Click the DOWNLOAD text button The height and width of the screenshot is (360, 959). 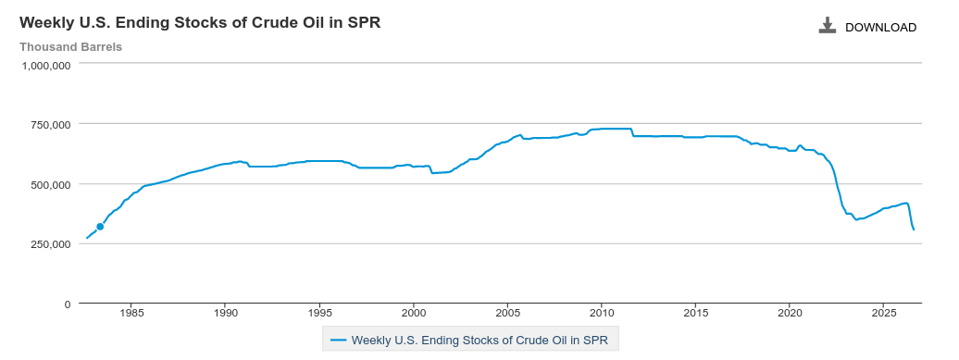(880, 28)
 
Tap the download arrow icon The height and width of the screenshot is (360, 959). (828, 25)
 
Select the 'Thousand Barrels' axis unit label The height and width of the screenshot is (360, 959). (71, 47)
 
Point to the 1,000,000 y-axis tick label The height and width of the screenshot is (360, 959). (46, 65)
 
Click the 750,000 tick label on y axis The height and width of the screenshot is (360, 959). (51, 125)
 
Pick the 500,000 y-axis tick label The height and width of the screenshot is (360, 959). (51, 184)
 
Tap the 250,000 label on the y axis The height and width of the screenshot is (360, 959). (51, 244)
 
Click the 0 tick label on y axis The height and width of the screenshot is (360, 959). (68, 304)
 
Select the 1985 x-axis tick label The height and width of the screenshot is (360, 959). (131, 314)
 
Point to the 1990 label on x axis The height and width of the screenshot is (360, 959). (226, 314)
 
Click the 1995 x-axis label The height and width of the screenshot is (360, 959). (319, 314)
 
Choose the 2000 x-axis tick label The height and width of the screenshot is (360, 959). (414, 314)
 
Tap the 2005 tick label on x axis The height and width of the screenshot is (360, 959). (507, 314)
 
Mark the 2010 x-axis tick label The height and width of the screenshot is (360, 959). (601, 314)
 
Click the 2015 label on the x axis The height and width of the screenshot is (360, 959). (695, 314)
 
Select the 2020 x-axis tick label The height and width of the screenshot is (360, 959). (789, 314)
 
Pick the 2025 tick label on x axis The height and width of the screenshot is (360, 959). (882, 314)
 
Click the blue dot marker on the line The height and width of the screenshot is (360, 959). (100, 227)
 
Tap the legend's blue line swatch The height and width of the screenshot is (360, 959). (338, 340)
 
